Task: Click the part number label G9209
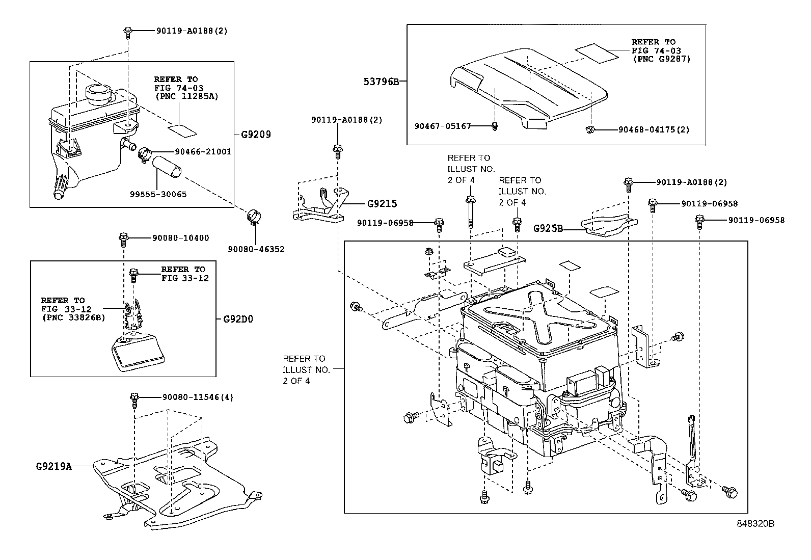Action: click(x=256, y=135)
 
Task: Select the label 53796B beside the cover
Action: click(x=382, y=81)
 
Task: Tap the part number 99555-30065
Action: click(x=158, y=194)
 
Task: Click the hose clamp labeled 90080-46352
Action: click(x=255, y=218)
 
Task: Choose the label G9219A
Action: click(x=53, y=466)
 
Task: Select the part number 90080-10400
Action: click(x=180, y=238)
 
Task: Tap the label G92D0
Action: click(x=238, y=319)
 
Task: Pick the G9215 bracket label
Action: click(x=382, y=204)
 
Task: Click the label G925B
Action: click(x=548, y=228)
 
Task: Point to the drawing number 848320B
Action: click(x=755, y=523)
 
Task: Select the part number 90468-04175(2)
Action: click(x=654, y=130)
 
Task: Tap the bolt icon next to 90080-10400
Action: click(x=123, y=238)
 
